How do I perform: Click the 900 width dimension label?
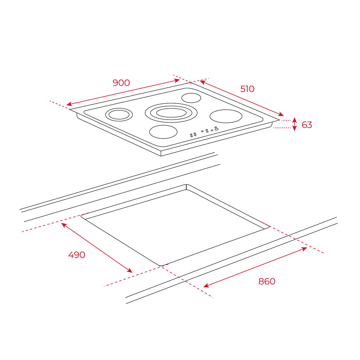[x=121, y=83]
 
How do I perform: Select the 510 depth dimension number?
[x=247, y=89]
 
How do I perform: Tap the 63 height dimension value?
[x=307, y=125]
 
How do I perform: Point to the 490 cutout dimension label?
[x=77, y=255]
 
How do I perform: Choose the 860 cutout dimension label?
[x=267, y=281]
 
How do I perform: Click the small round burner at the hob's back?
[x=191, y=98]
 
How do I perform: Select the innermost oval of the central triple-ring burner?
[x=171, y=113]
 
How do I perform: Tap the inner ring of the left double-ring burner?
[x=119, y=115]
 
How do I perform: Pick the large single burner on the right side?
[x=226, y=116]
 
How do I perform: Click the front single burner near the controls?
[x=163, y=132]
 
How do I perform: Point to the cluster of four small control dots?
[x=193, y=135]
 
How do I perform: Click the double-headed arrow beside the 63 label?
[x=295, y=124]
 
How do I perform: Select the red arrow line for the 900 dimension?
[x=123, y=92]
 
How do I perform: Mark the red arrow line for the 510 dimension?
[x=242, y=98]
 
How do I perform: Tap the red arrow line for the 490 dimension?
[x=97, y=248]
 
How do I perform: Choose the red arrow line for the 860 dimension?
[x=255, y=267]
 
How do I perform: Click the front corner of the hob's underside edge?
[x=161, y=156]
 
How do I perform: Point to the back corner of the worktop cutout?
[x=186, y=184]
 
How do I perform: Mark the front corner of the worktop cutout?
[x=161, y=266]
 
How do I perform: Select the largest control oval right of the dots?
[x=217, y=129]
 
